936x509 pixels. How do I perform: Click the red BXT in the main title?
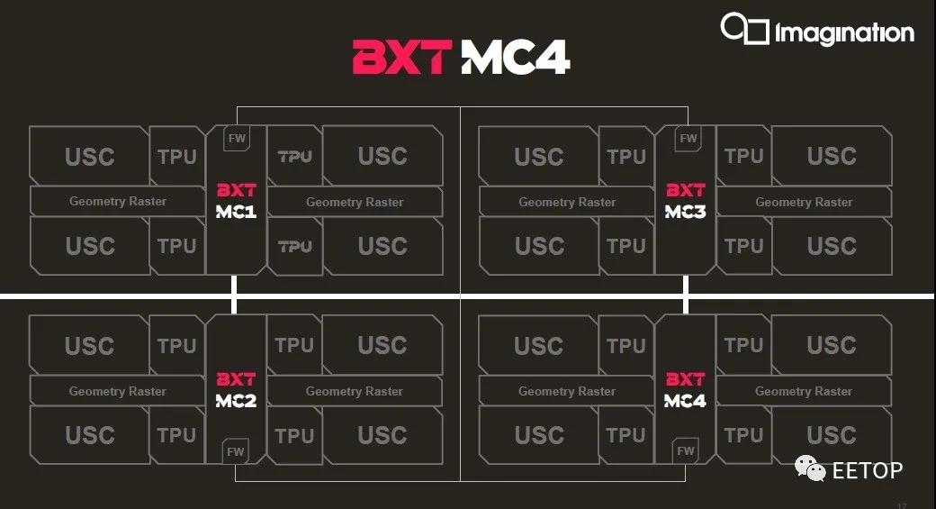click(401, 58)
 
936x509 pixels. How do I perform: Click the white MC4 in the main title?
click(516, 58)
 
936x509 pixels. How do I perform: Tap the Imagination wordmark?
click(844, 32)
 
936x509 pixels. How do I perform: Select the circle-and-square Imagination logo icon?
click(744, 28)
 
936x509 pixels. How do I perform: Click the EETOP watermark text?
click(867, 471)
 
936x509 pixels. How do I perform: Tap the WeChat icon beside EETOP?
click(810, 468)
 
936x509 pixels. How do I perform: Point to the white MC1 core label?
click(236, 212)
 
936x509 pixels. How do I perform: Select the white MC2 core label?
click(236, 400)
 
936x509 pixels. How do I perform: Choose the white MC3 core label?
click(685, 212)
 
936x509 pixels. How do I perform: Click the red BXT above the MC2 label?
click(236, 379)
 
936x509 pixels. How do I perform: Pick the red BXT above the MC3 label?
click(685, 190)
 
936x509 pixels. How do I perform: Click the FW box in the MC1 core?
click(237, 138)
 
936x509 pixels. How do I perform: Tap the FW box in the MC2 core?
click(236, 451)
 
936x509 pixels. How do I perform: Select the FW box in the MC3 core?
click(688, 138)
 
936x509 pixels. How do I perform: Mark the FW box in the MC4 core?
click(685, 450)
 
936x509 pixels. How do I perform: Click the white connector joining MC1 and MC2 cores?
click(234, 295)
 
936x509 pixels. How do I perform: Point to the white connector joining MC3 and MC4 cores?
click(685, 295)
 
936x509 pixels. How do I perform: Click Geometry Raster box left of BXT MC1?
click(118, 201)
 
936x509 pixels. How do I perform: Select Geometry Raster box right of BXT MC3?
click(804, 202)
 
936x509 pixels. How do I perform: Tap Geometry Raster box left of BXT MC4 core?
click(567, 391)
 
